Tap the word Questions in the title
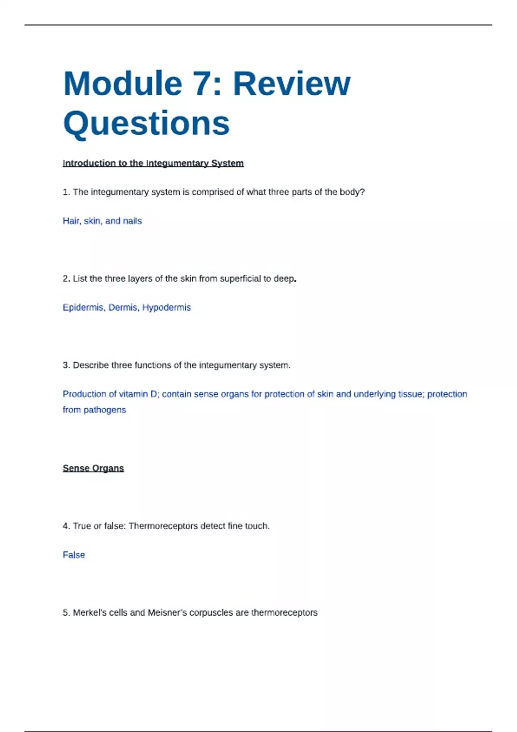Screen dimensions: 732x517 click(x=146, y=124)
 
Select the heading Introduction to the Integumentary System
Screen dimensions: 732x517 click(x=153, y=163)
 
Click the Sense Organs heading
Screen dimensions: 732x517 click(x=93, y=468)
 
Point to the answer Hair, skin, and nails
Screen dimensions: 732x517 click(x=102, y=221)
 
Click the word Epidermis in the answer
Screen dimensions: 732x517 click(x=84, y=307)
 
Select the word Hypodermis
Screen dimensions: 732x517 click(x=166, y=307)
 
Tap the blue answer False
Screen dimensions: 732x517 click(x=74, y=555)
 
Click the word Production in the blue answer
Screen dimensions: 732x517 click(x=84, y=394)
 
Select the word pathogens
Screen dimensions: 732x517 click(x=105, y=410)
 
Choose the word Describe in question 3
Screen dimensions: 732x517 click(x=90, y=365)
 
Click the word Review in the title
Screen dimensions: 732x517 click(x=292, y=84)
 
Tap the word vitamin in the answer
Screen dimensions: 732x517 click(x=133, y=394)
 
